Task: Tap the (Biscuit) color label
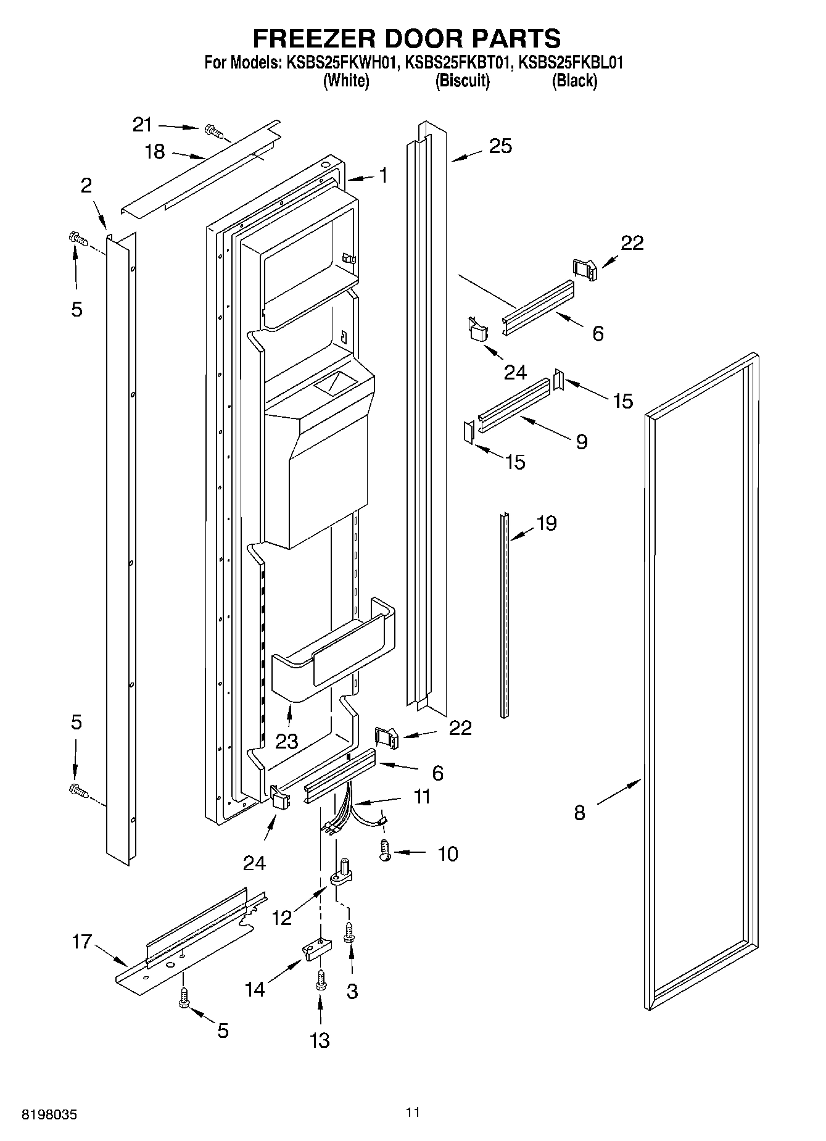tap(462, 81)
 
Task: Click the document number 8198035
tap(49, 1114)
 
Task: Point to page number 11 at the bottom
tap(413, 1113)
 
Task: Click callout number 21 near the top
tap(142, 125)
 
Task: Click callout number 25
tap(500, 146)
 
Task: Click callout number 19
tap(547, 523)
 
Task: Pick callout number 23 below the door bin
tap(287, 741)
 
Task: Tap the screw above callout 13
tap(320, 981)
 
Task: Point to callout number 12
tap(282, 918)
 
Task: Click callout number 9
tap(581, 442)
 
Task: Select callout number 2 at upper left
tap(86, 185)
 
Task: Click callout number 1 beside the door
tap(383, 176)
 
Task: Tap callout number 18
tap(155, 151)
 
